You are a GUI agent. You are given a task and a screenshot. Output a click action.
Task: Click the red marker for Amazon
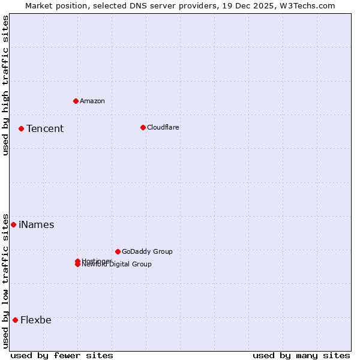click(76, 101)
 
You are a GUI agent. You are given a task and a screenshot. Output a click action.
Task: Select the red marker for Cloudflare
click(143, 127)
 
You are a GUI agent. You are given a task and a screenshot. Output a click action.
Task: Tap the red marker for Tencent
click(21, 128)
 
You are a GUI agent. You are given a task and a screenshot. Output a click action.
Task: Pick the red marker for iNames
click(14, 224)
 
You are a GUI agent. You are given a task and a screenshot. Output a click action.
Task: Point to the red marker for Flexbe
click(15, 320)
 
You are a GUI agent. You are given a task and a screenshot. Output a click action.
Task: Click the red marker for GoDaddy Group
click(118, 251)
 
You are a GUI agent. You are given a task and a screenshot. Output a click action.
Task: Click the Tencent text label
click(45, 128)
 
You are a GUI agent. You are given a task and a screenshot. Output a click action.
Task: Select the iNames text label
click(37, 224)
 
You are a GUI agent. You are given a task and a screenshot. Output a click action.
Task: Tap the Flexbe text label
click(36, 320)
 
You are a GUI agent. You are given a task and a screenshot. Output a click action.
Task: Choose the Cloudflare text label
click(163, 127)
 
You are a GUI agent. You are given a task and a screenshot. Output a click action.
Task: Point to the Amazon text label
click(92, 101)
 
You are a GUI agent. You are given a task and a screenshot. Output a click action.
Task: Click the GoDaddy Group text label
click(147, 251)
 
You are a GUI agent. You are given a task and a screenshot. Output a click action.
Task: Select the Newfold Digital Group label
click(117, 265)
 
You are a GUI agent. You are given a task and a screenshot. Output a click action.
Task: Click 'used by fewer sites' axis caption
click(62, 355)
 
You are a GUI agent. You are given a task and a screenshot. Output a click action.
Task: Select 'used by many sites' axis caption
click(301, 355)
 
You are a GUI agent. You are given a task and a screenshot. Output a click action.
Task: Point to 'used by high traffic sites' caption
click(5, 85)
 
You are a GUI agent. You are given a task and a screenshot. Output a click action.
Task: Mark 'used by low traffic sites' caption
click(5, 280)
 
